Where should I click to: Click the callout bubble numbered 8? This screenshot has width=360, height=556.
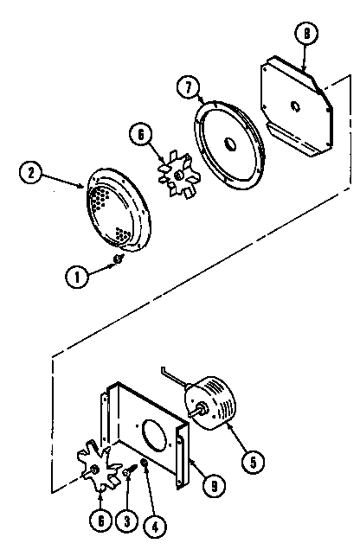tap(306, 34)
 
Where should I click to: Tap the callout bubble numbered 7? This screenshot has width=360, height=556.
tap(188, 87)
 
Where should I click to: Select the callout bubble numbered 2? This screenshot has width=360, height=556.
tap(31, 174)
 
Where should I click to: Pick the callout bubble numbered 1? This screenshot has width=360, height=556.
tap(77, 277)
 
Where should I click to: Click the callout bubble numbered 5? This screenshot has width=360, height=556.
tap(253, 462)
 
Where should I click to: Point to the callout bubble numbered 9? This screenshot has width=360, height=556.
tap(214, 486)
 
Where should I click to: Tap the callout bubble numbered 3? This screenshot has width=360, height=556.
tap(126, 521)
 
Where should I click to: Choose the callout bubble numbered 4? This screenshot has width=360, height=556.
tap(155, 527)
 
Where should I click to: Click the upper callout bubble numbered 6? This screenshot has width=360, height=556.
tap(141, 135)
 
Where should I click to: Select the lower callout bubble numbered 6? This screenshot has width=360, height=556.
tap(101, 521)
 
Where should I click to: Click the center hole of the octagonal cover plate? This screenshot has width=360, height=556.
tap(295, 105)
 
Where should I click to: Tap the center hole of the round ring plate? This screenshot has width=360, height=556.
tap(229, 144)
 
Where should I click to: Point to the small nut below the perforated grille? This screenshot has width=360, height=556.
tap(118, 259)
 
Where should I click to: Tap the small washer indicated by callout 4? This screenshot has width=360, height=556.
tap(145, 462)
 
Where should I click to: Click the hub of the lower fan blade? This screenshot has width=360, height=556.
tap(94, 470)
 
